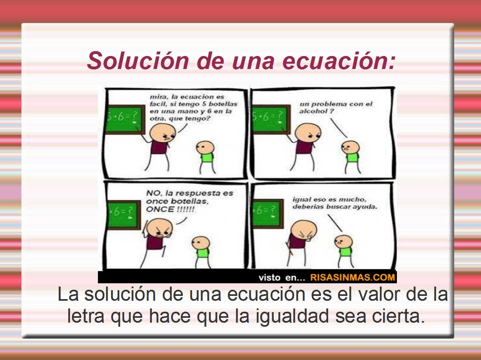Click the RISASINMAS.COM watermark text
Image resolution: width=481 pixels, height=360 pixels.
(353, 278)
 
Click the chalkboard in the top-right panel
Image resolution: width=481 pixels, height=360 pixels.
(269, 119)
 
